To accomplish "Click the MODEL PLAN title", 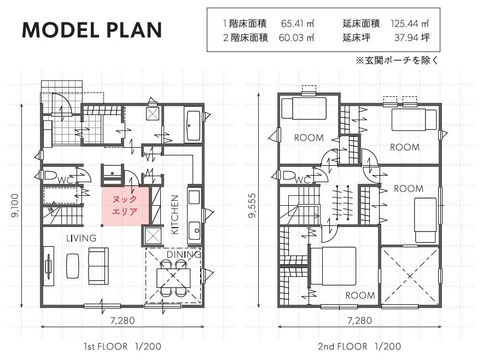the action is pyautogui.click(x=92, y=30).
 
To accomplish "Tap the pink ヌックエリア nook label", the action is pyautogui.click(x=125, y=205).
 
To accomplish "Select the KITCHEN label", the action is pyautogui.click(x=174, y=214).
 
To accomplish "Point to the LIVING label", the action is pyautogui.click(x=82, y=238).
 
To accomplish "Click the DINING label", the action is pyautogui.click(x=184, y=254).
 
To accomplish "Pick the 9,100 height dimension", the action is pyautogui.click(x=15, y=205).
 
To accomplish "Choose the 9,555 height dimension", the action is pyautogui.click(x=252, y=205).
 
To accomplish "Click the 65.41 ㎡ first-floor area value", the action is pyautogui.click(x=298, y=24).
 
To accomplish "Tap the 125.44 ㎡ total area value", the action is pyautogui.click(x=410, y=24).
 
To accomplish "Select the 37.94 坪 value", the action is pyautogui.click(x=412, y=38).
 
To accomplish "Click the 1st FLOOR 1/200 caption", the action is pyautogui.click(x=123, y=346).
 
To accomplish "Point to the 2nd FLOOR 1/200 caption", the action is pyautogui.click(x=359, y=346).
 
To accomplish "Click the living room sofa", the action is pyautogui.click(x=98, y=266).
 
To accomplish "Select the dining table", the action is pyautogui.click(x=173, y=278).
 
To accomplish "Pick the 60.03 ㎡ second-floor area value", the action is pyautogui.click(x=296, y=38).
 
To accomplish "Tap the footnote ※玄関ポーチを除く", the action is pyautogui.click(x=397, y=60).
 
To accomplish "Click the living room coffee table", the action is pyautogui.click(x=73, y=266).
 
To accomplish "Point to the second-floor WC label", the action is pyautogui.click(x=303, y=179).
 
